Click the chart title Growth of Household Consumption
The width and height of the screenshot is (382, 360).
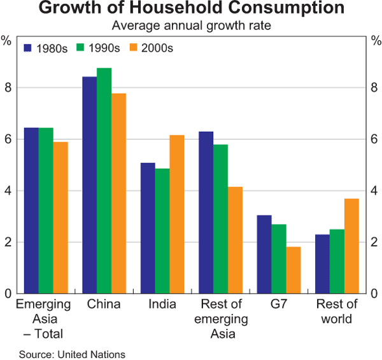pos(191,10)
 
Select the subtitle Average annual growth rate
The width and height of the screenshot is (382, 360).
pos(191,26)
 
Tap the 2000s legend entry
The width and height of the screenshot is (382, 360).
pos(150,48)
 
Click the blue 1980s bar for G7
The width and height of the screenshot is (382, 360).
pos(264,254)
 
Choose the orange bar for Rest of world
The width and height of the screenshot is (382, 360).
pos(351,246)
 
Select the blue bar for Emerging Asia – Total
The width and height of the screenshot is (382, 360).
pos(31,210)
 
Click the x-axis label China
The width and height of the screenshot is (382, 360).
pos(104,305)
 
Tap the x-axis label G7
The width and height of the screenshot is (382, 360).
pos(279,305)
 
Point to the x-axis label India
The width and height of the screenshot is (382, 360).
pos(162,305)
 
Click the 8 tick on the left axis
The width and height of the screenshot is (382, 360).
pos(7,87)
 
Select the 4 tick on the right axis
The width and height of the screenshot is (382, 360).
pos(375,191)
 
